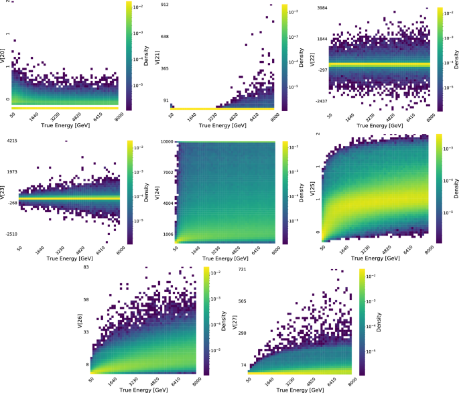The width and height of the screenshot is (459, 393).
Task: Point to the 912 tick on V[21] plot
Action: point(166,5)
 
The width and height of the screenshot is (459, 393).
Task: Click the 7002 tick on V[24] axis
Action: point(167,172)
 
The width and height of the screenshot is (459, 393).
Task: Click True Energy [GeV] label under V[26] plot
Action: point(145,389)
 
